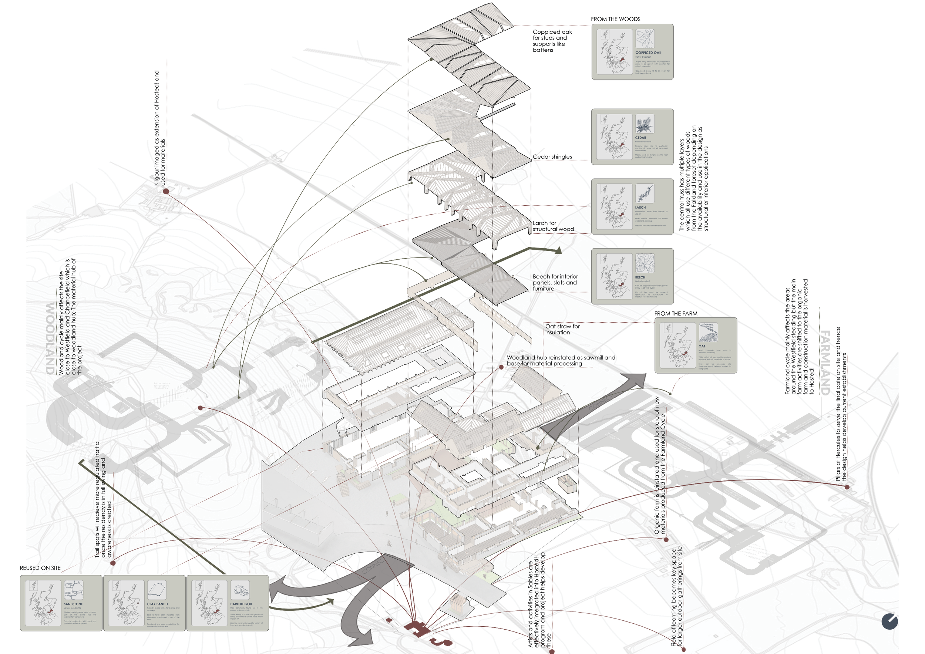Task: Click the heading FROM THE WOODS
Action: click(x=615, y=19)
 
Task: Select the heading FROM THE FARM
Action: click(x=676, y=313)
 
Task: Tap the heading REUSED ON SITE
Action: click(x=40, y=568)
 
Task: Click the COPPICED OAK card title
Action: click(x=648, y=53)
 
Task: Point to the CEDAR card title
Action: click(x=640, y=138)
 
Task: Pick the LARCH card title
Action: click(x=640, y=208)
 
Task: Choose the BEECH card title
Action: click(x=640, y=277)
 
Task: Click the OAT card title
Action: click(x=702, y=346)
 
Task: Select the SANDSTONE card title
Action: click(x=73, y=604)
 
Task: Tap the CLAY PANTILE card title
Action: click(x=158, y=604)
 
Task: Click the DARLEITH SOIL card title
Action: click(x=241, y=604)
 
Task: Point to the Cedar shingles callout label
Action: click(x=552, y=156)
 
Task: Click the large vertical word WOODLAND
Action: click(x=50, y=338)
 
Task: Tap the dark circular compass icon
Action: click(x=889, y=621)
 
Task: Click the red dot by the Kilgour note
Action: click(x=166, y=191)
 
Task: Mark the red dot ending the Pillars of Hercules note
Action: click(x=847, y=487)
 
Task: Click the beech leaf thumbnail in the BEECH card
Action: click(x=645, y=263)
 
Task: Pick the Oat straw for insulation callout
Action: click(x=562, y=330)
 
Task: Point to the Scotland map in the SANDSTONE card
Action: click(x=44, y=603)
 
